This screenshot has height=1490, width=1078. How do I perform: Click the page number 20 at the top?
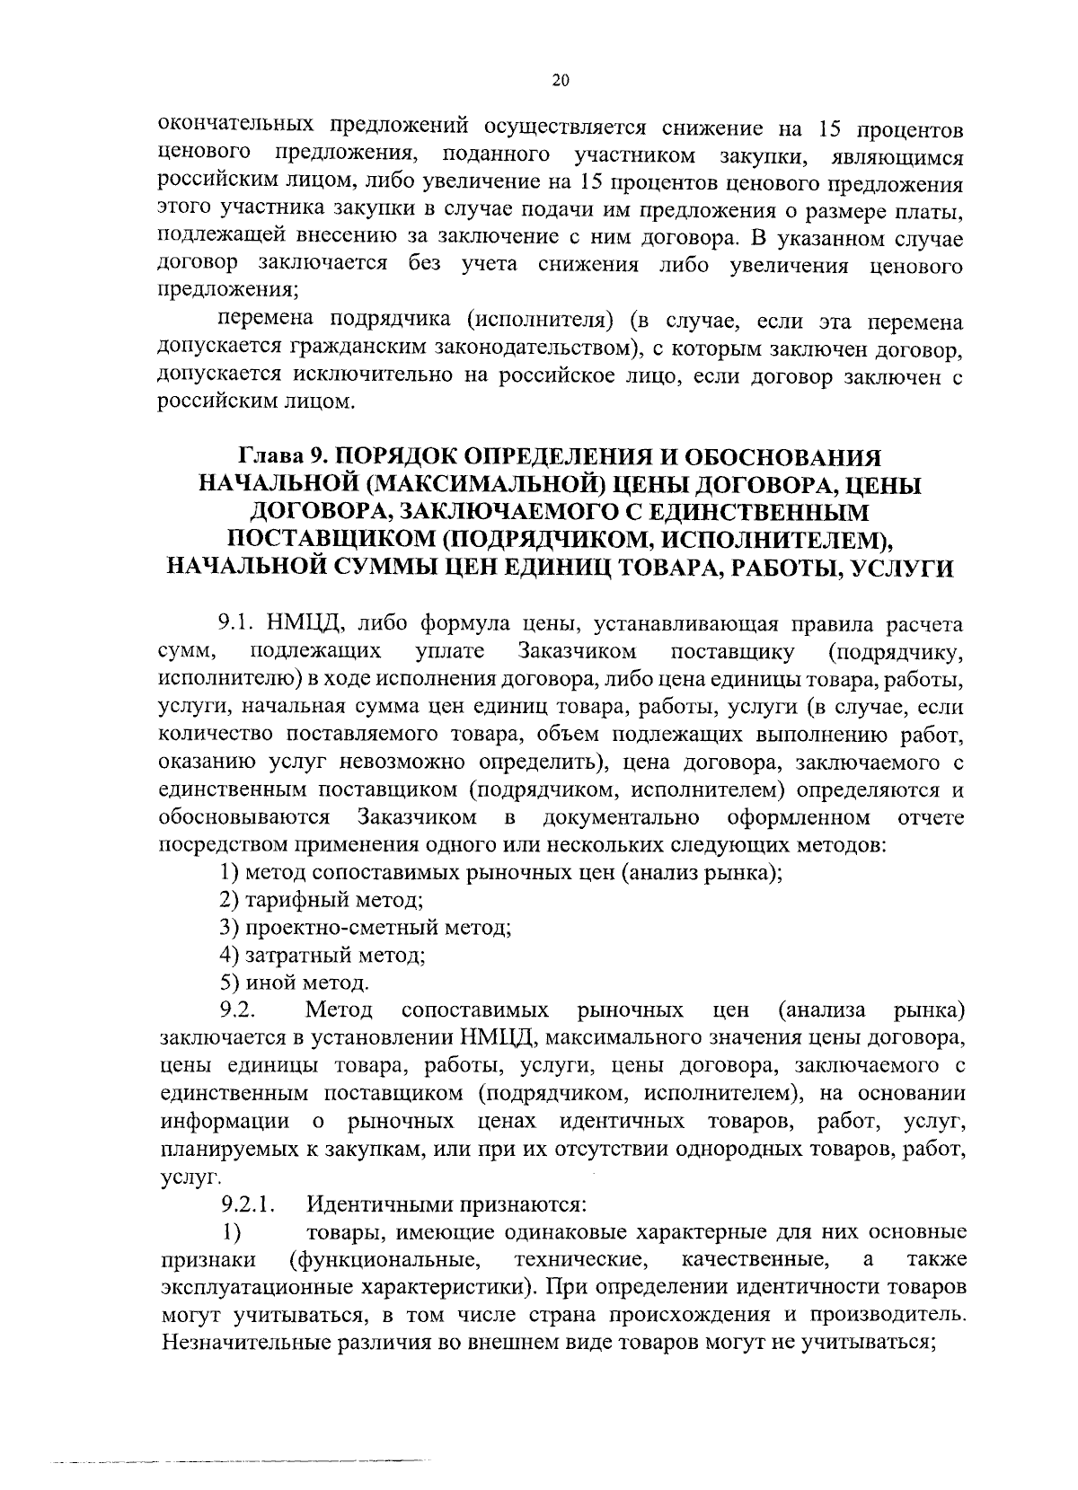(x=560, y=81)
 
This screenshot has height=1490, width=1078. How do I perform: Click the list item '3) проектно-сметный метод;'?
(x=366, y=927)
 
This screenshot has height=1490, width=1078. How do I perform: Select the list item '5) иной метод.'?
(x=294, y=983)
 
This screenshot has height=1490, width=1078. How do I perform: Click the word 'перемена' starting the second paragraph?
(x=266, y=321)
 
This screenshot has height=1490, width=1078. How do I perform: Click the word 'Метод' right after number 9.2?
(x=340, y=1010)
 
